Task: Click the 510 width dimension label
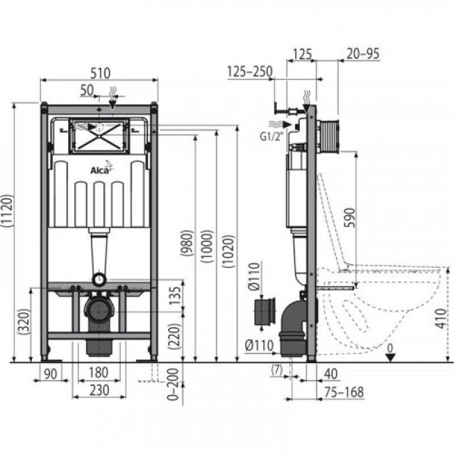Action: coord(100,73)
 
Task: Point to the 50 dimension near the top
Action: coord(87,90)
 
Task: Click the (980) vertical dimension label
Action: coord(186,243)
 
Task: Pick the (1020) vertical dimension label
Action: coord(228,251)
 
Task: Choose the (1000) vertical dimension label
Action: coord(207,247)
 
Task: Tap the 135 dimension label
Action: coord(175,296)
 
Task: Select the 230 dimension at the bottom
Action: coord(99,390)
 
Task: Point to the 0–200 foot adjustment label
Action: coord(173,384)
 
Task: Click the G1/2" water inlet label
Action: coord(271,136)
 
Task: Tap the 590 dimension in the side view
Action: coord(349,217)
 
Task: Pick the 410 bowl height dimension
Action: coord(441,318)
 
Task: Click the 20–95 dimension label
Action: coord(363,54)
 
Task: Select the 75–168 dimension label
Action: coord(344,392)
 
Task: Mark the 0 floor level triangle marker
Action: coord(390,358)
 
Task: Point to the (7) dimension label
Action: coord(277,371)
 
